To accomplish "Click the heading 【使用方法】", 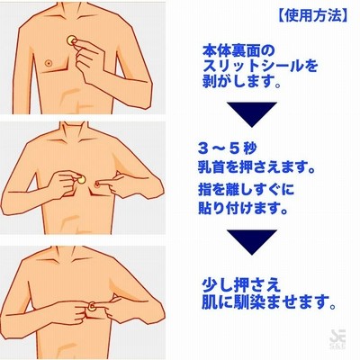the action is [x=311, y=16].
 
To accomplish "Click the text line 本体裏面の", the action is [x=238, y=51].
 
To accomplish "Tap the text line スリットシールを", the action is [x=260, y=67].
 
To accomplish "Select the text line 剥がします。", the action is [x=242, y=82].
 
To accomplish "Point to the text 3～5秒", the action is [x=227, y=149].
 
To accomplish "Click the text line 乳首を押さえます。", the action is [x=256, y=167].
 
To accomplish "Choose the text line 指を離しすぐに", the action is [x=246, y=190].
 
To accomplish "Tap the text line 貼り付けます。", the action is [x=243, y=208].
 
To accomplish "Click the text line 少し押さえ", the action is [x=241, y=285].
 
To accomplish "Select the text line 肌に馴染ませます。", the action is [x=268, y=302].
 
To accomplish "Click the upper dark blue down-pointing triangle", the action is [x=252, y=114].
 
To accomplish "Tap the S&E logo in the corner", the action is [x=337, y=342].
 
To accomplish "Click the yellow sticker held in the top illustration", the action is [x=72, y=40].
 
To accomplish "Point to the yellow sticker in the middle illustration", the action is [x=80, y=180].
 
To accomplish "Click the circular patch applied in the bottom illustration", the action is [x=92, y=306].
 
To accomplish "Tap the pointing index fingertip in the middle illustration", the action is [x=98, y=183].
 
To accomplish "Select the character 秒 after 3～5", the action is [x=249, y=149].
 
